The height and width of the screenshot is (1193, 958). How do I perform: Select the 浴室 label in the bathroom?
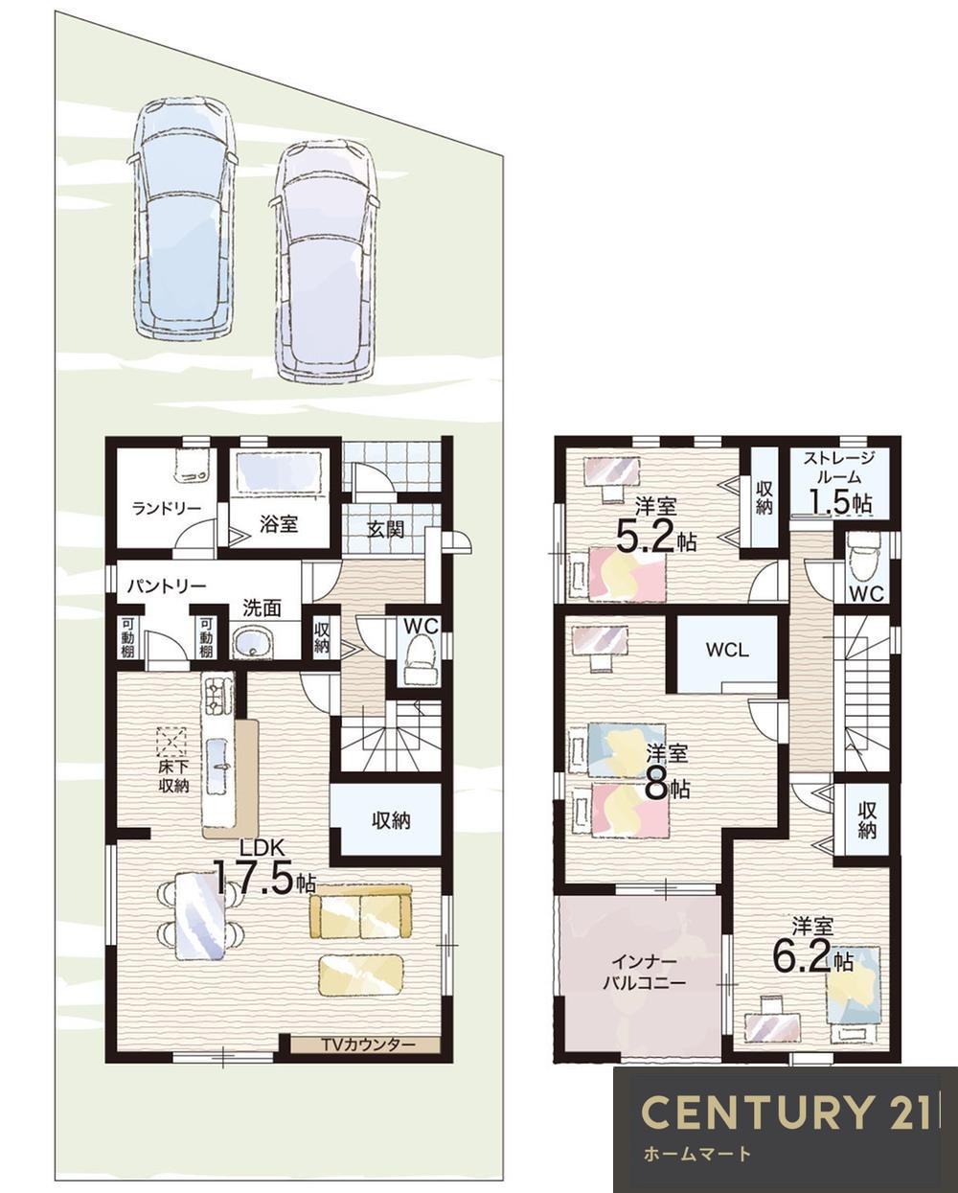point(279,524)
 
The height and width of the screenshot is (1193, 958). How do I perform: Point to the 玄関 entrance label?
point(385,529)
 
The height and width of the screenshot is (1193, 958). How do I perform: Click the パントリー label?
point(167,585)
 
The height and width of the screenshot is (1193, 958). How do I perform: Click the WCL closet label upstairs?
point(727,650)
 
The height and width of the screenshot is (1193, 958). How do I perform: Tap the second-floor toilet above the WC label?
point(861,561)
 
